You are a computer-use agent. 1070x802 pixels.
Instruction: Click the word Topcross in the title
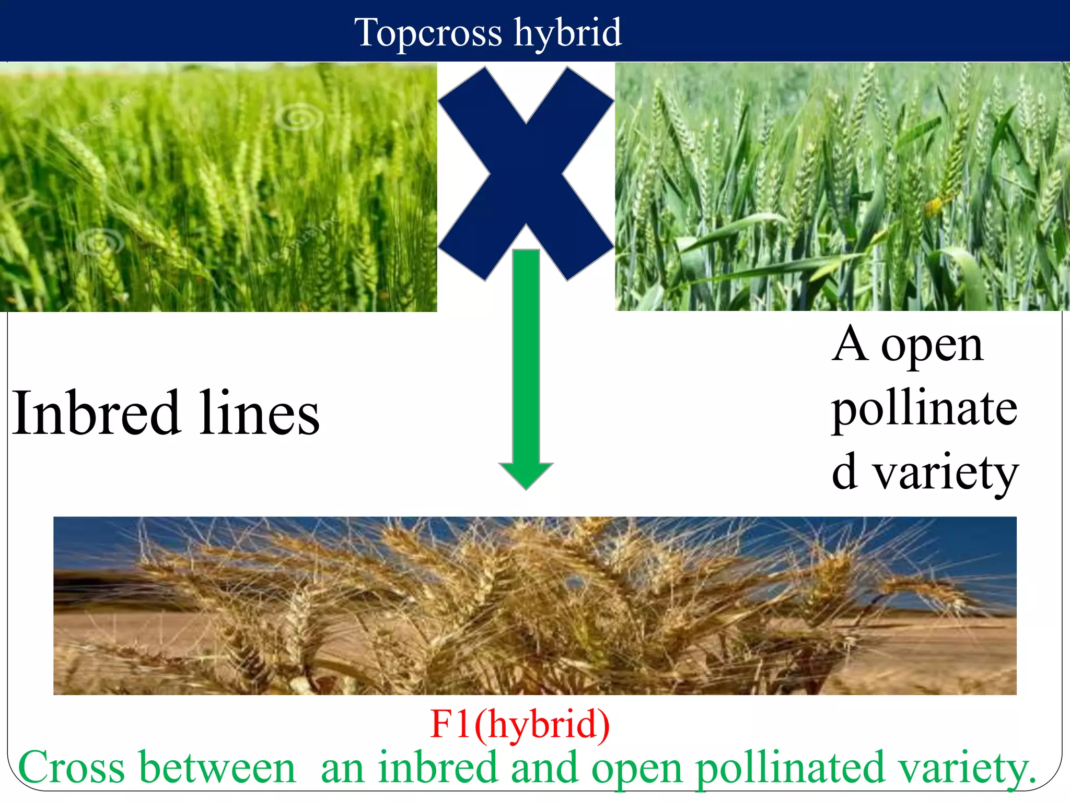click(428, 32)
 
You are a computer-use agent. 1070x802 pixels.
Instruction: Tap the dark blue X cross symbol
click(526, 173)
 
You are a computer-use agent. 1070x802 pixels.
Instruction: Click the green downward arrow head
click(526, 475)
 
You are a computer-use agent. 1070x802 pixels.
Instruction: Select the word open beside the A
click(932, 347)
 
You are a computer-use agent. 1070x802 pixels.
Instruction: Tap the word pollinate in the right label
click(924, 409)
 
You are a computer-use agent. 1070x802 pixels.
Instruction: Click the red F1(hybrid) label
click(520, 724)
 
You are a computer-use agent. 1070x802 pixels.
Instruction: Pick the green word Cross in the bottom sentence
click(71, 768)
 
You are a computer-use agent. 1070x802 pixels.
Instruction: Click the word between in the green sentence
click(218, 768)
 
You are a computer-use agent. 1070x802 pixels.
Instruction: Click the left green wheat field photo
click(218, 187)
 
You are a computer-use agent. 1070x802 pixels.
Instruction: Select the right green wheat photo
click(842, 186)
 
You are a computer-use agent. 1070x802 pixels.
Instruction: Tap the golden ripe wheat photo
click(534, 606)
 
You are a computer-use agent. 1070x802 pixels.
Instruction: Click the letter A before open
click(850, 345)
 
